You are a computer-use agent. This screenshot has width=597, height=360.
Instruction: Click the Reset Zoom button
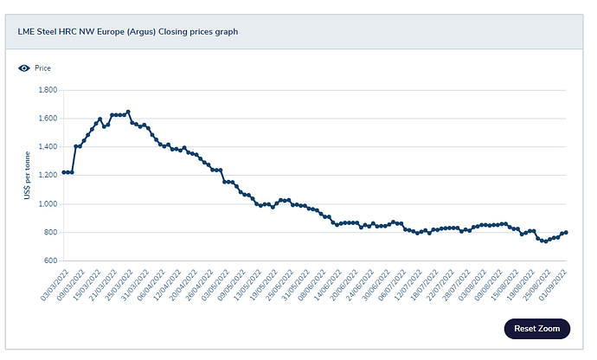pos(536,328)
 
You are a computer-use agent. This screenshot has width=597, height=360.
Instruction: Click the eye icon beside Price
pos(23,67)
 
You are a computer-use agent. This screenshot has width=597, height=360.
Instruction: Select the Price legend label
pos(42,67)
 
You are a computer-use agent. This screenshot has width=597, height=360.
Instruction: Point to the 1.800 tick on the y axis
pos(46,90)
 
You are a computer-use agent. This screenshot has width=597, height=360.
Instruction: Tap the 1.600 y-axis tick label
pos(46,119)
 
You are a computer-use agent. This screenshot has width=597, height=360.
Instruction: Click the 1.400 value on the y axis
pos(46,147)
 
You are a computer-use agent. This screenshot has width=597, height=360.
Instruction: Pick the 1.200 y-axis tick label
pos(46,176)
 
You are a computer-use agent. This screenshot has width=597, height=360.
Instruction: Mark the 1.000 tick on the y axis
pos(46,204)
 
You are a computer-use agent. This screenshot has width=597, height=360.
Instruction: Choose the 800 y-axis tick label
pos(49,233)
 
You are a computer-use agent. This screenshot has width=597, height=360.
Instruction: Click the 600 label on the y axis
pos(49,260)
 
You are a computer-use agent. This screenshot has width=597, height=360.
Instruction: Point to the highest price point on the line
pos(128,112)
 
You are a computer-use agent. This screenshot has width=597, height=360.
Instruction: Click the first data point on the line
pos(64,172)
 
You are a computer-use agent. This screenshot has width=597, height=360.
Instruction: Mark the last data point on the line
pos(566,232)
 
